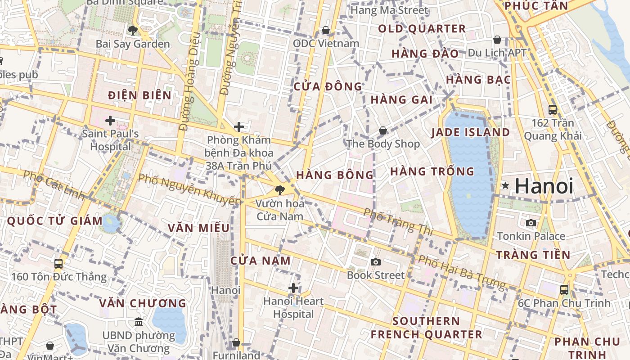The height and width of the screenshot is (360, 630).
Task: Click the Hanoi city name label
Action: pyautogui.click(x=544, y=186)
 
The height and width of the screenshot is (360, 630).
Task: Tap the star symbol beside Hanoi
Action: pyautogui.click(x=506, y=185)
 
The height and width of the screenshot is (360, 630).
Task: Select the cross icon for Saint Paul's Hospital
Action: pyautogui.click(x=110, y=121)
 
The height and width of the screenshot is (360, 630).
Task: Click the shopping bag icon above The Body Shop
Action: pyautogui.click(x=382, y=130)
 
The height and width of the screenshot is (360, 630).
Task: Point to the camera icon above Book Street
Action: pyautogui.click(x=375, y=262)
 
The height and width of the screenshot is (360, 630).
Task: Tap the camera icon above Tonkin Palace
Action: pyautogui.click(x=531, y=223)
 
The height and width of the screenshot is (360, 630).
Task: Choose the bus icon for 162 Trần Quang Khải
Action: pyautogui.click(x=552, y=109)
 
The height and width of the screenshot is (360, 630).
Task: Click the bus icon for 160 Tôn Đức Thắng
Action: pyautogui.click(x=58, y=263)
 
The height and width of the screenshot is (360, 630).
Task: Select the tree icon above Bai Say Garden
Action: pyautogui.click(x=132, y=31)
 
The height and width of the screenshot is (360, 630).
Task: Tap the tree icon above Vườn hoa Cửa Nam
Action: pyautogui.click(x=280, y=190)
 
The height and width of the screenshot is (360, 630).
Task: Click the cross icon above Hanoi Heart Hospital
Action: pyautogui.click(x=293, y=288)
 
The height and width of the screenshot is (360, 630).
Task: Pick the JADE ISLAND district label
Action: pyautogui.click(x=470, y=132)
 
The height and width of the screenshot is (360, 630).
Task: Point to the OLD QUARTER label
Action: pyautogui.click(x=422, y=29)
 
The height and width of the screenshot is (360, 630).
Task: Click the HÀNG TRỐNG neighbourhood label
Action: pyautogui.click(x=432, y=171)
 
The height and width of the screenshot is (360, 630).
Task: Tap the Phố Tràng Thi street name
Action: pyautogui.click(x=398, y=222)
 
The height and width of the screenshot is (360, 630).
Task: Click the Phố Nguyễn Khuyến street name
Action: pyautogui.click(x=189, y=189)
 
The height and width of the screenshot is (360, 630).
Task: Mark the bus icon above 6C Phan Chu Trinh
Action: pyautogui.click(x=564, y=289)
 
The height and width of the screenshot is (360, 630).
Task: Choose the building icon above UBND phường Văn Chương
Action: pyautogui.click(x=139, y=322)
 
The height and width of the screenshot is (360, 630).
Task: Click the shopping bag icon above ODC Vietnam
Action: pyautogui.click(x=326, y=30)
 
